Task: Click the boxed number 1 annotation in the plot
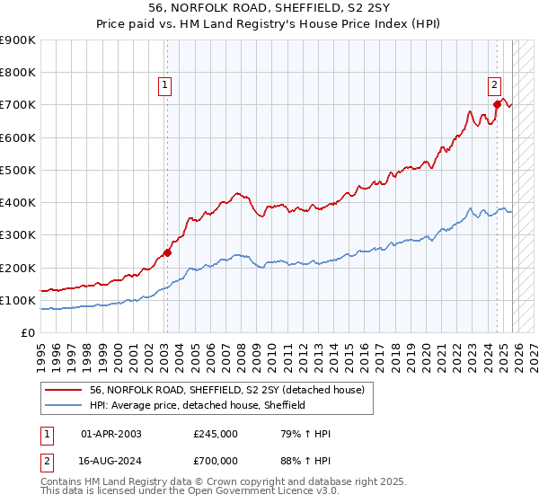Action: tap(165, 86)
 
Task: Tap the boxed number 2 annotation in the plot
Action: tap(494, 86)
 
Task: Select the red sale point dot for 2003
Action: tap(166, 252)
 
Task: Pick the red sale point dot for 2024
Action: tap(497, 104)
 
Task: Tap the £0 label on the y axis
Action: tap(27, 332)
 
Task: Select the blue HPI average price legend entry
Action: tap(198, 405)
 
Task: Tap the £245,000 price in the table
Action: tap(216, 434)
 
